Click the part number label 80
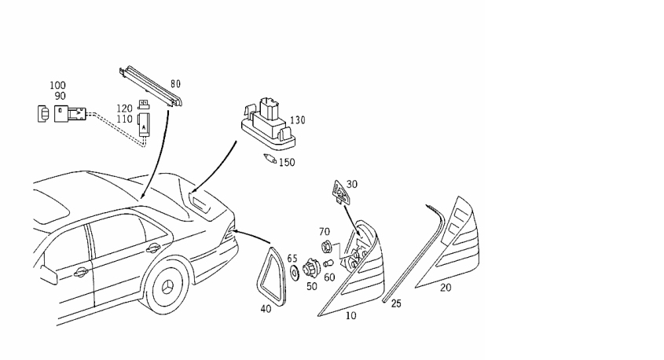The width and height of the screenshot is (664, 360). pos(176,84)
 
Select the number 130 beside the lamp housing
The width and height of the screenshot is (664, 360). pos(297,120)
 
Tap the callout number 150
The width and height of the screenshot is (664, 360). pos(287,162)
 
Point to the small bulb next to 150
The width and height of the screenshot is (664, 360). pos(270,159)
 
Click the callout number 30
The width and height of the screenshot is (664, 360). pos(351,184)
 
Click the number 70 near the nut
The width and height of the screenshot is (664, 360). pos(325,232)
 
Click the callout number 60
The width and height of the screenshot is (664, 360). pos(329,277)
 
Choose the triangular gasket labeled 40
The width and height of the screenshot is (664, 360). pos(271,277)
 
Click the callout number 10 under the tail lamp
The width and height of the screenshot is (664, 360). pos(351,316)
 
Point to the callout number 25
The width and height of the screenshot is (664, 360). pos(396,303)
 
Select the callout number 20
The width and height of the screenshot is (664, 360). pos(446,288)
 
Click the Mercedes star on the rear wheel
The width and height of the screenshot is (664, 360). pos(168,288)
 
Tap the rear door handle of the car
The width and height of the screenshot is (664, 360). pos(153,248)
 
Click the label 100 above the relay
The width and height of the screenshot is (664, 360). pos(57,86)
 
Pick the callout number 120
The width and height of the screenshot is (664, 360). pos(124,108)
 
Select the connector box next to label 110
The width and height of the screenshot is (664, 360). pos(144,125)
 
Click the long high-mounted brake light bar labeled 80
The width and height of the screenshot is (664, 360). pos(151,86)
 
